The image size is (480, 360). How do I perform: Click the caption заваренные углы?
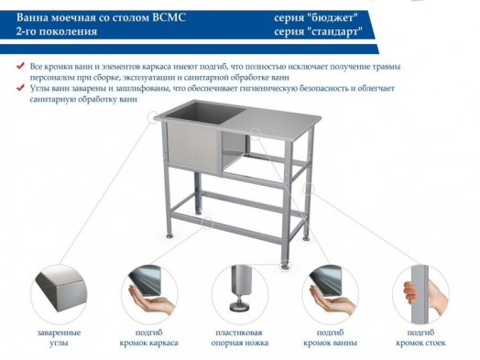62,336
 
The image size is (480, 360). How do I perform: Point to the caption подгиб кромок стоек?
421,336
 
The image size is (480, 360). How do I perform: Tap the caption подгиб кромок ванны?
331,336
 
